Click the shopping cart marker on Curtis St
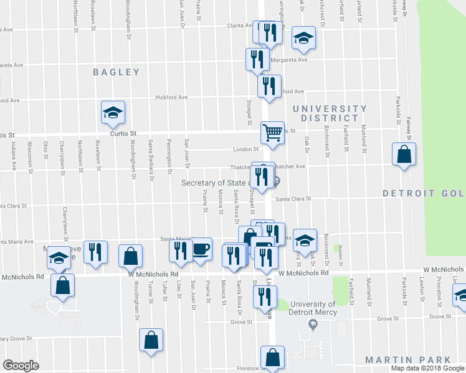272,132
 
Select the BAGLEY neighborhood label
117,72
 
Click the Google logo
21,366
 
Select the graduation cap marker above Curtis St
113,112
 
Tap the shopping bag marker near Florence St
272,357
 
